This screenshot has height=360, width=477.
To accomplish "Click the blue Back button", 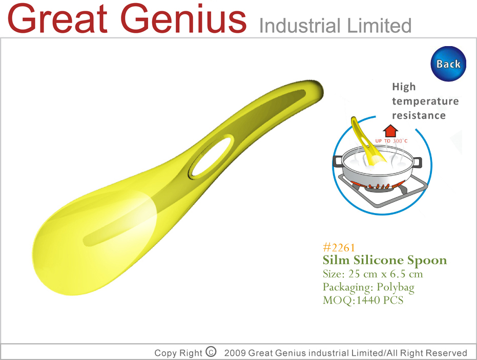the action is click(448, 64).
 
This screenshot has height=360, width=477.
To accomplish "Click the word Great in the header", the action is click(58, 18).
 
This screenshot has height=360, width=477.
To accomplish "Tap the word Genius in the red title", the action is click(183, 18).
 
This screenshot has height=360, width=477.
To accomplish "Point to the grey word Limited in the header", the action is click(379, 26).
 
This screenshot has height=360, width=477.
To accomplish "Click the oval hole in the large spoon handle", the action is click(212, 155).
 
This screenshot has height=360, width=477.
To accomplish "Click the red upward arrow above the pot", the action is click(390, 131).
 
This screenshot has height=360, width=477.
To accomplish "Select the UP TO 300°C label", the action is click(391, 141).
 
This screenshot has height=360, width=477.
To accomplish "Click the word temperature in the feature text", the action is click(425, 101).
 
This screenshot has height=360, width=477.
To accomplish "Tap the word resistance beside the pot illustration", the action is click(419, 116).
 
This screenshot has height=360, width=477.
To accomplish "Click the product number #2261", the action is click(339, 248).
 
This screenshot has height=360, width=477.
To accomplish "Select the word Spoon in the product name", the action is click(427, 261).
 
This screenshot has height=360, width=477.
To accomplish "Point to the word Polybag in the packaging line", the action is click(396, 287).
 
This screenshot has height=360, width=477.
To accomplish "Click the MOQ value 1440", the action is click(368, 301).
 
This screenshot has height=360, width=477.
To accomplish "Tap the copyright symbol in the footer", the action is click(211, 352).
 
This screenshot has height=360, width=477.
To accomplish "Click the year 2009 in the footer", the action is click(235, 353).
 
